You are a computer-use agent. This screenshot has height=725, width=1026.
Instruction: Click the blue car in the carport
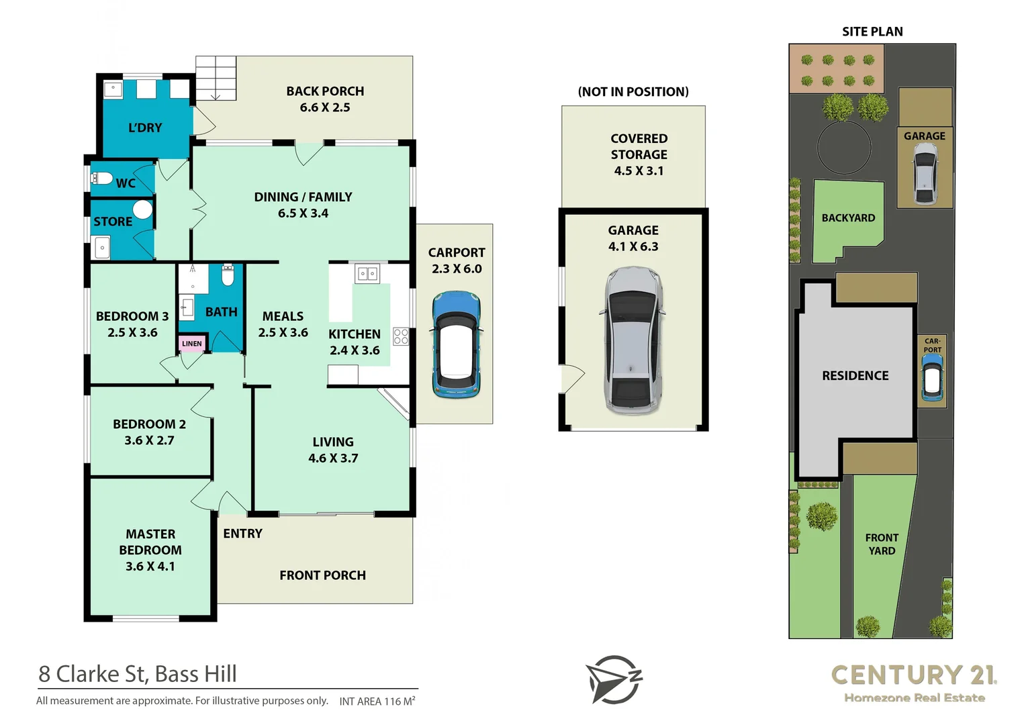tap(456, 344)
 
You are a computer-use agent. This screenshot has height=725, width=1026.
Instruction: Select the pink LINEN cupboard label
tap(191, 344)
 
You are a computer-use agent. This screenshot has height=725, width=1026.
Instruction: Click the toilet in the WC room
tap(101, 178)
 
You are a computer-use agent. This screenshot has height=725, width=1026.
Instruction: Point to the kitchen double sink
tap(367, 273)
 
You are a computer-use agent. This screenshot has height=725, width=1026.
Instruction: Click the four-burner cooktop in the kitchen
tap(400, 336)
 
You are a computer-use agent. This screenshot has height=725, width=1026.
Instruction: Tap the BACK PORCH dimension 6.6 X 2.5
tap(324, 107)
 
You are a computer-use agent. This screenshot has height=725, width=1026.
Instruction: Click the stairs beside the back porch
tap(216, 78)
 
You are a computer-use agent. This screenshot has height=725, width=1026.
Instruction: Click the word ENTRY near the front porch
tap(242, 534)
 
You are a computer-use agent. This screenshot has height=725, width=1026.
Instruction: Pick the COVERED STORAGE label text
tap(639, 146)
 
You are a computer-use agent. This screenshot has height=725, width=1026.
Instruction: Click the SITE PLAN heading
tap(872, 32)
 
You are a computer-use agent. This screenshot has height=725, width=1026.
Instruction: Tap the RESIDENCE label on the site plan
tap(855, 376)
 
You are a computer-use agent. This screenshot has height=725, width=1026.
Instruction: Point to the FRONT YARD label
tap(881, 544)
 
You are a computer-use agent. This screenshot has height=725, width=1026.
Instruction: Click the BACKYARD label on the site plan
tap(847, 218)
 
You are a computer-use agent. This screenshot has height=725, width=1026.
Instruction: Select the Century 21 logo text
tap(913, 675)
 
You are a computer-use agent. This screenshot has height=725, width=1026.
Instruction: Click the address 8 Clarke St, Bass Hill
tap(138, 673)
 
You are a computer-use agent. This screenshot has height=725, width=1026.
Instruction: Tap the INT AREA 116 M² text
tap(377, 702)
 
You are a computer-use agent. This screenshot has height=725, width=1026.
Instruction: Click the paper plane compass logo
tap(613, 679)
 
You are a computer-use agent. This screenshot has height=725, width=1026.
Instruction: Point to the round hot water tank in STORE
tap(142, 209)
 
